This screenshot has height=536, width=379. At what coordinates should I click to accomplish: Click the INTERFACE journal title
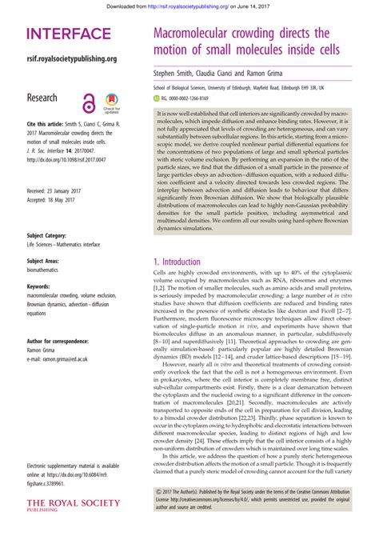69,34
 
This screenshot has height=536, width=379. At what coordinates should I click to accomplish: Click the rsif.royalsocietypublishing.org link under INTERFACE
72,58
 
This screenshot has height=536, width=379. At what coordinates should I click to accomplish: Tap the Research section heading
42,98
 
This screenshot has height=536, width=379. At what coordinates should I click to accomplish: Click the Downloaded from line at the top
189,5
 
